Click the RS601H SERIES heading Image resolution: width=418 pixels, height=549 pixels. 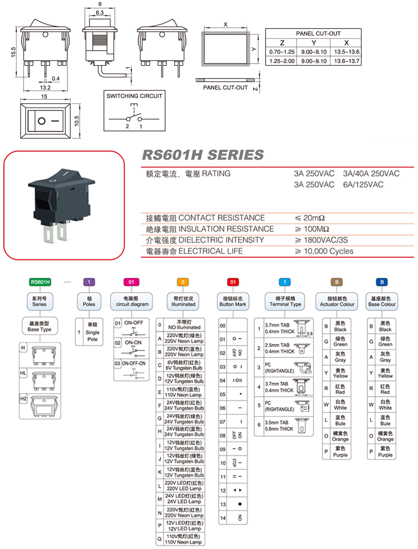click(202, 155)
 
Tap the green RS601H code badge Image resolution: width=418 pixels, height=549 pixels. click(40, 281)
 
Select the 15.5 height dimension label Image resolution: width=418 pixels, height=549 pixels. click(13, 52)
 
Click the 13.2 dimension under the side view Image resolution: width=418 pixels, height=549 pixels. click(45, 88)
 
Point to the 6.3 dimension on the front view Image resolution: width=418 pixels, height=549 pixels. click(99, 12)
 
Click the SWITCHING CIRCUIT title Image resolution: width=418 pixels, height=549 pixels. click(135, 96)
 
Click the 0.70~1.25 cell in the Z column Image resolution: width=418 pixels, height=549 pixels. click(282, 51)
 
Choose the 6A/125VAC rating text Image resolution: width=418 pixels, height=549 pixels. click(363, 185)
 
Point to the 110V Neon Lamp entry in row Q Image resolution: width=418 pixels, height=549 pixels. click(184, 539)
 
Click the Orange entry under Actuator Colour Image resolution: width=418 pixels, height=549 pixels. click(340, 436)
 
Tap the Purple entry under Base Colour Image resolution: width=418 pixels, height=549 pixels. click(385, 452)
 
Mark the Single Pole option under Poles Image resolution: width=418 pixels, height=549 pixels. click(92, 332)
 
